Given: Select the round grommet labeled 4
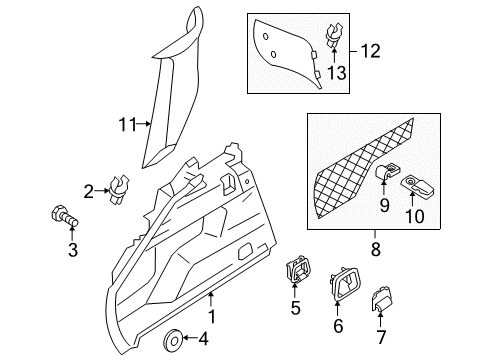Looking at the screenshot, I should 172,341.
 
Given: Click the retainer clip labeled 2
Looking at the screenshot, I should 120,188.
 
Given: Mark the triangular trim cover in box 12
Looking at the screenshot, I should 284,52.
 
